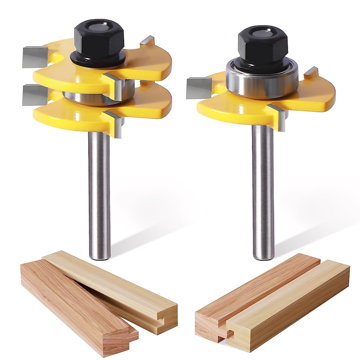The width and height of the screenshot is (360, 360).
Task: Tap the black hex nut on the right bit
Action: (x=262, y=45)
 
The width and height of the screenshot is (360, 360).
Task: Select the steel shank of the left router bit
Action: (x=99, y=195)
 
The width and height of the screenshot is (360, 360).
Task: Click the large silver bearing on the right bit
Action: (x=262, y=79)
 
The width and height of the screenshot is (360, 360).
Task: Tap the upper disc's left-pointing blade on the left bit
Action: (x=35, y=57)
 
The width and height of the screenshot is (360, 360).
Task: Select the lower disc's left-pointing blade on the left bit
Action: (x=35, y=95)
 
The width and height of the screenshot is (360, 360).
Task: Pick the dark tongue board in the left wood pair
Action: (x=75, y=306)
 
